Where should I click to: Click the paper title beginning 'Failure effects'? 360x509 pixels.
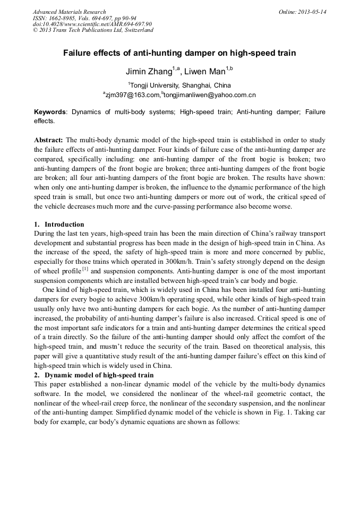(179, 53)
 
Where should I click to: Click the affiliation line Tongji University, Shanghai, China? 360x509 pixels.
(180, 85)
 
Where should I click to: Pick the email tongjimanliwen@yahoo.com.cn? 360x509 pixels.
(210, 95)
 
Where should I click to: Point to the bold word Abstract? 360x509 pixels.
(49, 140)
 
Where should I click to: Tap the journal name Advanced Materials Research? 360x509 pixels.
(70, 12)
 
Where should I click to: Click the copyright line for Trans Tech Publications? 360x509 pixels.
(93, 30)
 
